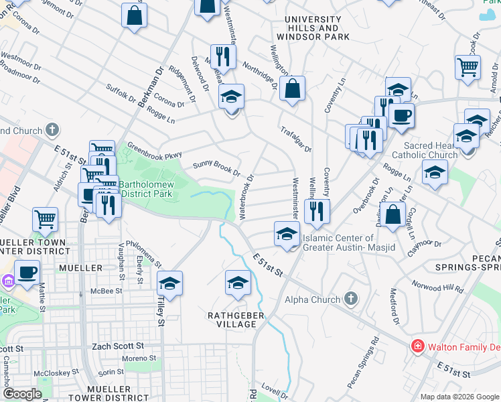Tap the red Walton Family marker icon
coord(417,346)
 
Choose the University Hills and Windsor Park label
coord(312,24)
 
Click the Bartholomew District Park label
coord(146,188)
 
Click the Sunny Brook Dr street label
coord(216,167)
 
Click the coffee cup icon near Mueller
coord(27,272)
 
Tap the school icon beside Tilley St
coord(170,283)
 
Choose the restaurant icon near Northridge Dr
coord(222,56)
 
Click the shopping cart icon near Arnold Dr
coord(468,66)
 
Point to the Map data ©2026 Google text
coord(459,397)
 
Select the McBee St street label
coord(106,291)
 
